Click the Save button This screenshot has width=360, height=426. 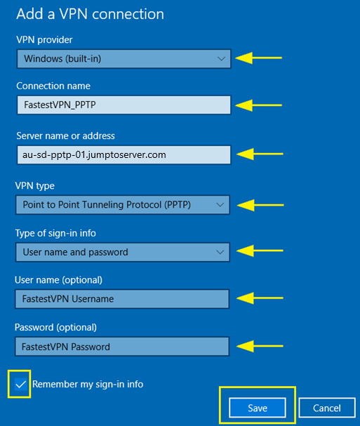258,408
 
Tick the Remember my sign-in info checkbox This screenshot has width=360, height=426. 20,384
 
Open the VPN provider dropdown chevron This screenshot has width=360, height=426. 221,59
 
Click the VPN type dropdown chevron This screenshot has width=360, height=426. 220,205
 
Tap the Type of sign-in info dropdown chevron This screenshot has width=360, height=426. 220,252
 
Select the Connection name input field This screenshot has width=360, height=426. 124,105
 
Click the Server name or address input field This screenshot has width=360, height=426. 124,155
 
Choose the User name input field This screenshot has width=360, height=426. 122,299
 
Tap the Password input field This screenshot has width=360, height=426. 122,347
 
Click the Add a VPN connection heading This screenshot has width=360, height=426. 91,14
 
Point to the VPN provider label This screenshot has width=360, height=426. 44,40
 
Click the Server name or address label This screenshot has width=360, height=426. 65,136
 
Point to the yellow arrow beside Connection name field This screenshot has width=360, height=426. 259,105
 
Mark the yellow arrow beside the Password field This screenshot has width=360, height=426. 260,346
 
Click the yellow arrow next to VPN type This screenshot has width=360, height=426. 260,205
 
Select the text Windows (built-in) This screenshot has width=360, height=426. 62,59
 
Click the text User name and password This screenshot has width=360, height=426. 75,253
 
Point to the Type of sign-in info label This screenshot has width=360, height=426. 55,234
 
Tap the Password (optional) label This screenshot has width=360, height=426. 55,327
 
